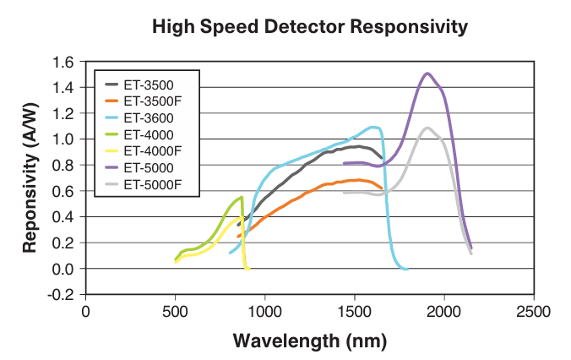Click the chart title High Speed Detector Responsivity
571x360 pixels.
tap(309, 27)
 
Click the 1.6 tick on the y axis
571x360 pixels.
tap(64, 62)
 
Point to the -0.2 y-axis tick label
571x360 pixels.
tap(63, 295)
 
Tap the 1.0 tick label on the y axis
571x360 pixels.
tap(64, 139)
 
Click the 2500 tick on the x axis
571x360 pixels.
tap(533, 312)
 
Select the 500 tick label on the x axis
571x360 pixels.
tap(175, 312)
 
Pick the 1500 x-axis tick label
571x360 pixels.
tap(354, 312)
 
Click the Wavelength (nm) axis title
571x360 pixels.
tap(309, 341)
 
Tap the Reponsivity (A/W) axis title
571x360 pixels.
tap(29, 177)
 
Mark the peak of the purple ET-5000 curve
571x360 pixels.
tap(427, 74)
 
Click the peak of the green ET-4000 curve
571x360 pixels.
tap(242, 198)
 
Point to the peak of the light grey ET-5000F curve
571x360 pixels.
tap(428, 128)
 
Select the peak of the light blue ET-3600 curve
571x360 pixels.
tap(373, 128)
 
